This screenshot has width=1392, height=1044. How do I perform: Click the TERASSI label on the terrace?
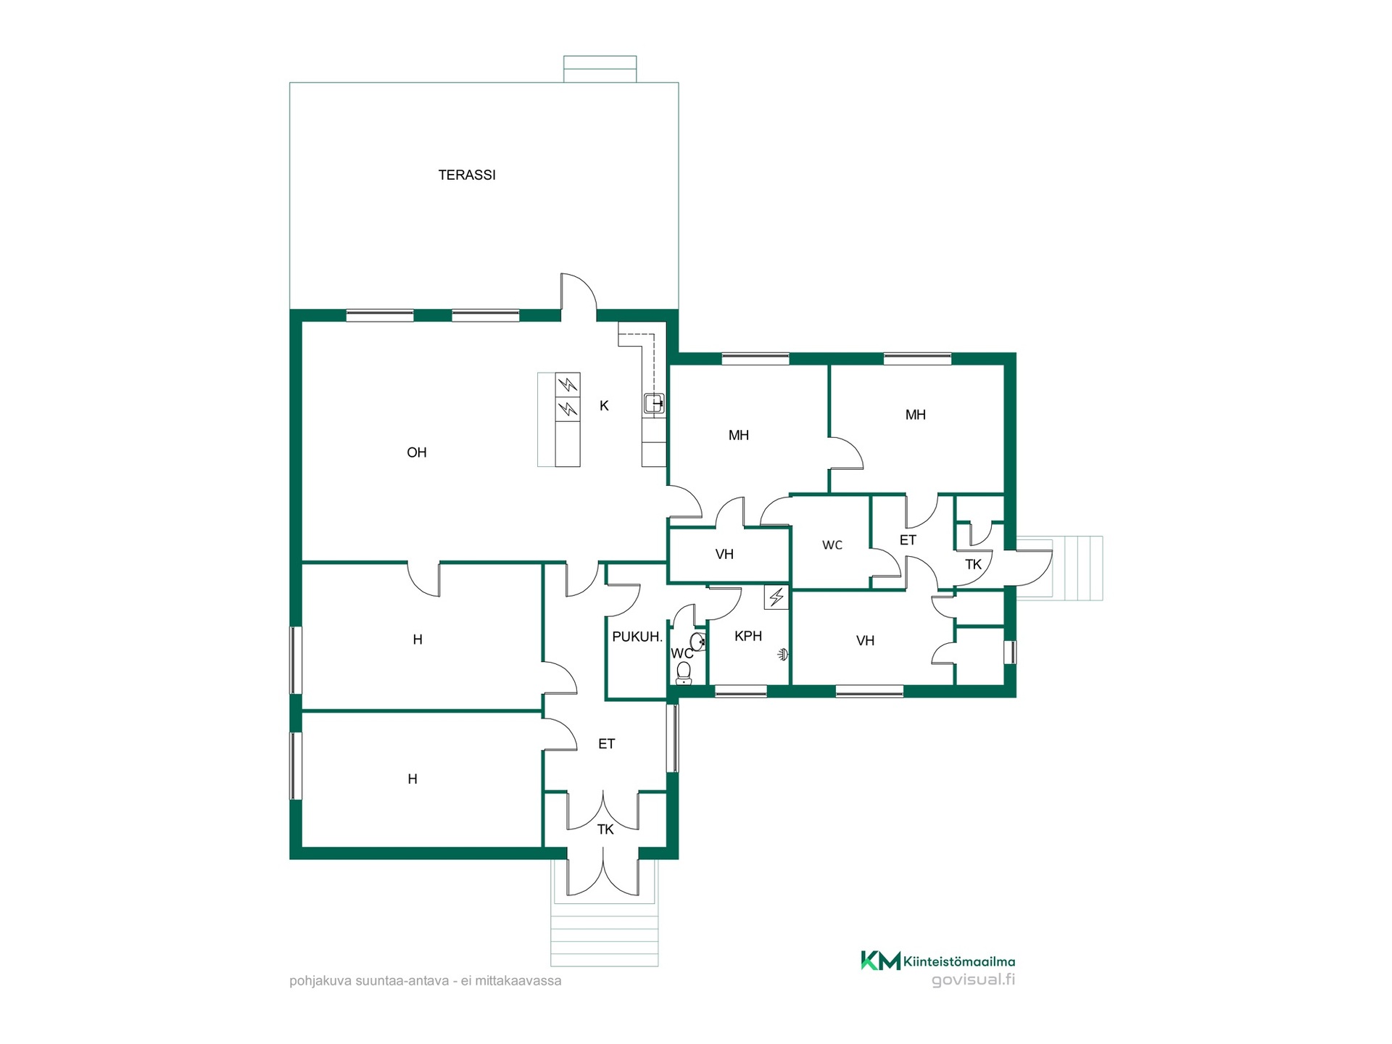pyautogui.click(x=467, y=175)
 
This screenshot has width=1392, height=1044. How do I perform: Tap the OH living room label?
pyautogui.click(x=417, y=452)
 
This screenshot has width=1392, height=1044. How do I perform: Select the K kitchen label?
pyautogui.click(x=604, y=406)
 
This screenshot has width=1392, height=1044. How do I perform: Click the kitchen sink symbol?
pyautogui.click(x=654, y=403)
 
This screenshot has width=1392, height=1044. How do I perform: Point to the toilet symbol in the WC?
pyautogui.click(x=684, y=674)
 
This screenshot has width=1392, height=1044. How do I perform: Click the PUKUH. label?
pyautogui.click(x=637, y=637)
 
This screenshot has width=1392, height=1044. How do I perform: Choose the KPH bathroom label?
pyautogui.click(x=748, y=636)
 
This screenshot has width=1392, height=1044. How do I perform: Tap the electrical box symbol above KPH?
pyautogui.click(x=776, y=597)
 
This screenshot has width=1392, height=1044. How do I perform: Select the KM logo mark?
pyautogui.click(x=881, y=961)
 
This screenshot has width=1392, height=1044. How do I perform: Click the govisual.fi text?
pyautogui.click(x=973, y=979)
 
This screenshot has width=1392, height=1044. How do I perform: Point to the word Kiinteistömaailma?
pyautogui.click(x=959, y=962)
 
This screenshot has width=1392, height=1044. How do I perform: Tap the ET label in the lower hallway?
pyautogui.click(x=607, y=744)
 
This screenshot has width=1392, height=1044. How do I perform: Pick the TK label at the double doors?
pyautogui.click(x=605, y=829)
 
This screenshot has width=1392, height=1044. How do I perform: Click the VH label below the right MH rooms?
pyautogui.click(x=865, y=641)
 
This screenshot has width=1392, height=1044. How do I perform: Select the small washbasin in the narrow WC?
pyautogui.click(x=698, y=642)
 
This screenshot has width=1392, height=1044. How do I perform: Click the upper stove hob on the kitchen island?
pyautogui.click(x=568, y=384)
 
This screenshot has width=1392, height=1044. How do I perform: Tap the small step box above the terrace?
pyautogui.click(x=600, y=69)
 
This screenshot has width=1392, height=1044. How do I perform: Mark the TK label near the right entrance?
pyautogui.click(x=973, y=564)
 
